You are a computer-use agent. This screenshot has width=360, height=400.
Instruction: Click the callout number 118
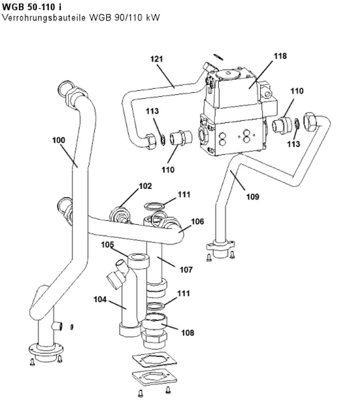pos(280,56)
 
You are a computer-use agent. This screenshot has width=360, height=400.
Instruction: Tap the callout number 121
pos(156,59)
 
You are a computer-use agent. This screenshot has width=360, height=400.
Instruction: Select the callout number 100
pos(59,140)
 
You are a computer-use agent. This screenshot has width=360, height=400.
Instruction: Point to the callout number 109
pos(253,197)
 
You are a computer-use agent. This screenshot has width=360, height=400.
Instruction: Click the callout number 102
pos(145,186)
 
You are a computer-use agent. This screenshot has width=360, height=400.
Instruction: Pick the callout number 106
pos(198,221)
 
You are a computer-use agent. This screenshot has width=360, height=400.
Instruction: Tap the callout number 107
pos(186,270)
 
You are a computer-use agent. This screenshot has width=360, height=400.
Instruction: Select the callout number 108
pos(188,333)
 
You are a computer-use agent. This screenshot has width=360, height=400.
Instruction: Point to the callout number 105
pos(107,244)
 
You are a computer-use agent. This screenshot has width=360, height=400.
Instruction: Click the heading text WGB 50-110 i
pos(32,7)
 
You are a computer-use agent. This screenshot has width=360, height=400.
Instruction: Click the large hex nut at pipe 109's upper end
pos(310,121)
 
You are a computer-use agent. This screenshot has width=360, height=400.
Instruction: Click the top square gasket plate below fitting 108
pos(154,360)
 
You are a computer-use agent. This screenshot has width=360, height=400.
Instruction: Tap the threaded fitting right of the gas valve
pos(282,125)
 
